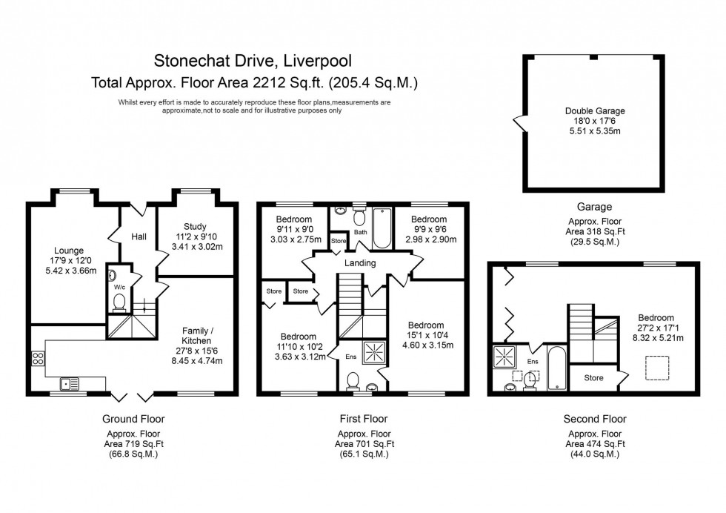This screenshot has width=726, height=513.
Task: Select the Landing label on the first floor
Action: (x=360, y=263)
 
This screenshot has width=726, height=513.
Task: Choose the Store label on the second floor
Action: (x=594, y=378)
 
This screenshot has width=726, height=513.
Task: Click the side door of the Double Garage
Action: (x=520, y=122)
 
